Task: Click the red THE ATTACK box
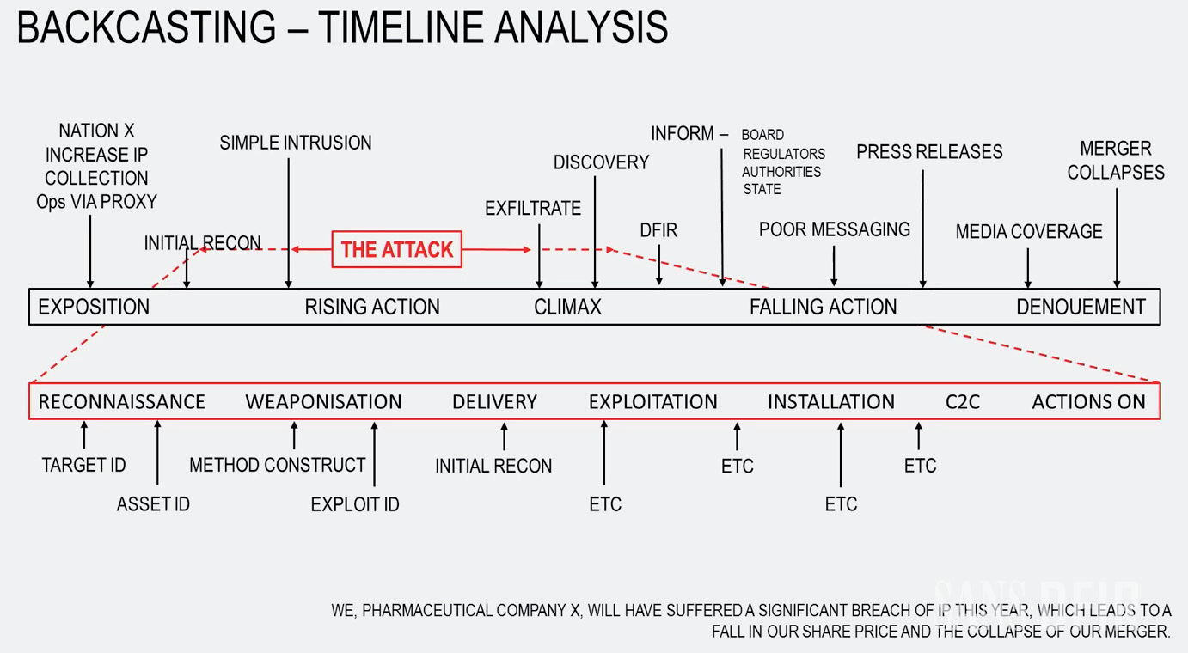396,249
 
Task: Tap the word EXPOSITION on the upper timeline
94,307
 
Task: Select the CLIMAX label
567,307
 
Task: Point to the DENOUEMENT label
1081,307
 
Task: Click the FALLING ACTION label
823,307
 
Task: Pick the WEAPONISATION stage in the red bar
323,401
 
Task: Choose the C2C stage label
962,401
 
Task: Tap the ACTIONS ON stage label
1088,401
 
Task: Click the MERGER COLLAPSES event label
1116,160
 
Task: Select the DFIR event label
658,230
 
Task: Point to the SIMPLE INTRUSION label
296,143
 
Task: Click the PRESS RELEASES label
929,152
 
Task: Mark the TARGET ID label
83,465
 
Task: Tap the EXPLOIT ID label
355,504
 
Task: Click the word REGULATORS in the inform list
784,154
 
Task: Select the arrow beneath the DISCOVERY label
595,232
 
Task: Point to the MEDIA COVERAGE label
1029,231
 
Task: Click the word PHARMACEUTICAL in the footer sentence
465,611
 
